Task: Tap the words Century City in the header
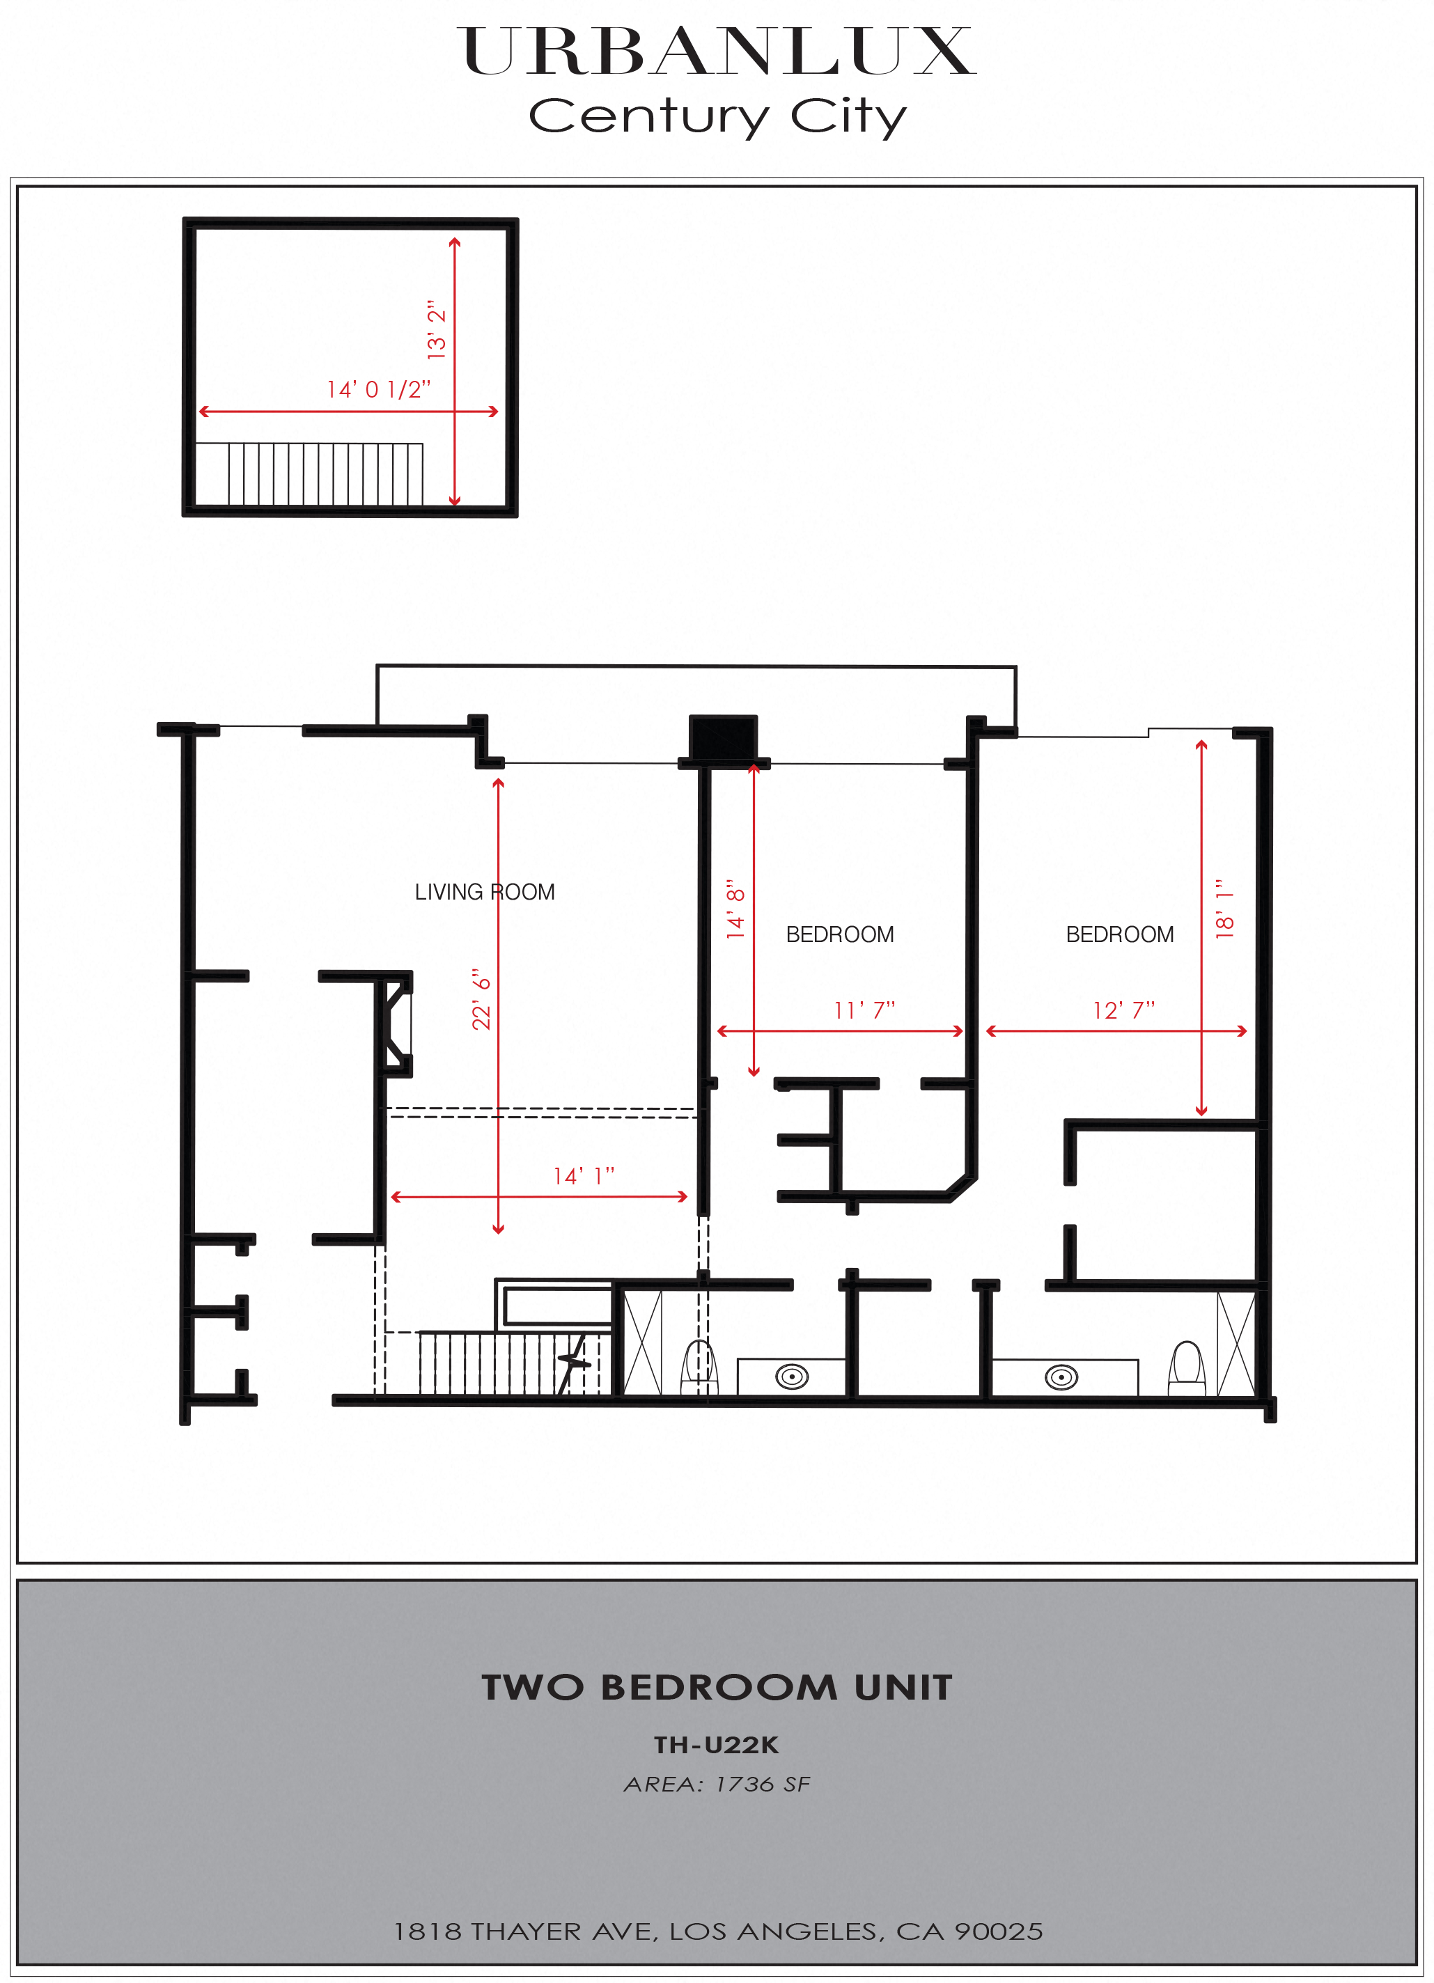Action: click(717, 116)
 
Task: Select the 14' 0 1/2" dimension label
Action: click(379, 389)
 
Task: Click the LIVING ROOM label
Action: click(485, 892)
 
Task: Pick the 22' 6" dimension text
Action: click(482, 998)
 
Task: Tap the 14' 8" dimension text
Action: click(736, 909)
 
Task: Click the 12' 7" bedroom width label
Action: click(1123, 1011)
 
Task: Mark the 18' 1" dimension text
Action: click(1225, 909)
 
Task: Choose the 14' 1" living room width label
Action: click(583, 1176)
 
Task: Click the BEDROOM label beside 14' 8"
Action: click(839, 934)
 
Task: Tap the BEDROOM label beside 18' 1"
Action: click(1119, 934)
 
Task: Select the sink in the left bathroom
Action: click(791, 1377)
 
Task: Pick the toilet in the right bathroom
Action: click(1187, 1368)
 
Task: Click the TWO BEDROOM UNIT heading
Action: click(717, 1688)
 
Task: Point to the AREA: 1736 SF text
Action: click(717, 1785)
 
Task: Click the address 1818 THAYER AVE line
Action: click(717, 1931)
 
